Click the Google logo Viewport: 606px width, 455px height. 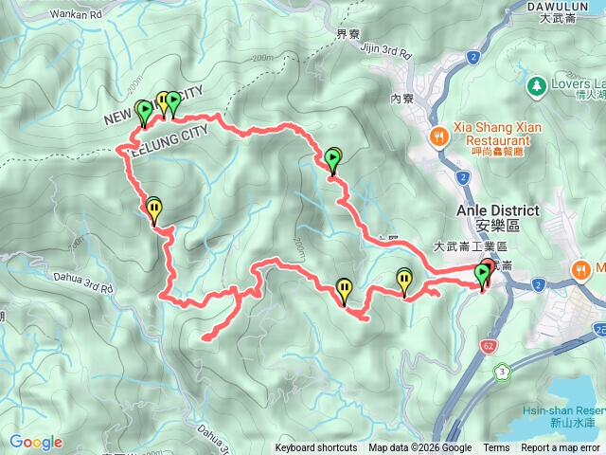click(36, 442)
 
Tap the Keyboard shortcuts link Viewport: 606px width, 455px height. click(316, 448)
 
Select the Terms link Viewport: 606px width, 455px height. click(496, 448)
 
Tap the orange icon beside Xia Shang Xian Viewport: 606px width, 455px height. click(438, 136)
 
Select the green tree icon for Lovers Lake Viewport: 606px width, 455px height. click(537, 85)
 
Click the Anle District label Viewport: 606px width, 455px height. click(498, 210)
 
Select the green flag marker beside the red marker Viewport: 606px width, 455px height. click(482, 276)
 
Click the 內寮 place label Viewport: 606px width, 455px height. click(402, 97)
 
